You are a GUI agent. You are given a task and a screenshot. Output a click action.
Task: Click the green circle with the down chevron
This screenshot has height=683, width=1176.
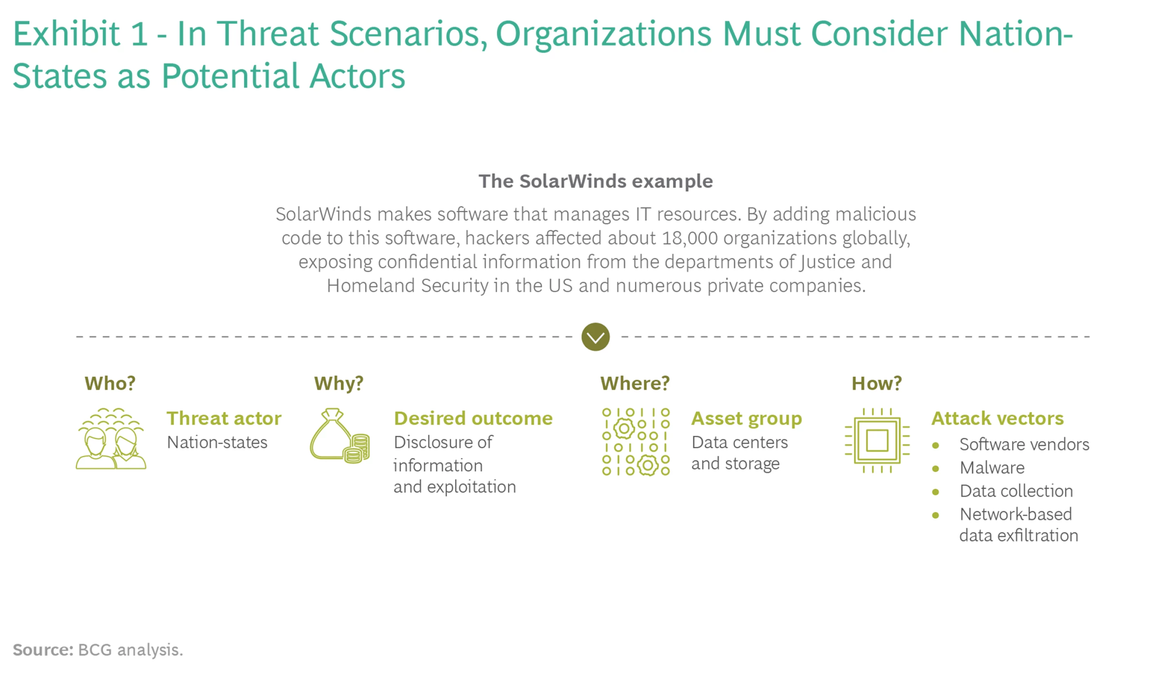tap(595, 337)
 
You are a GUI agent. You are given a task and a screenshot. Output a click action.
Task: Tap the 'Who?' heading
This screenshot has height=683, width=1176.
tap(110, 383)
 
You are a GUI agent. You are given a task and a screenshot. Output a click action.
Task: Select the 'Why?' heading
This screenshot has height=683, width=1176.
tap(339, 383)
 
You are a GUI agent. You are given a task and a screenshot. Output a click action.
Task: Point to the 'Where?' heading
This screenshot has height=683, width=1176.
tap(635, 383)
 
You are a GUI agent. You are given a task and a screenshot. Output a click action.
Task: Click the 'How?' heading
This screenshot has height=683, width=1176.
tap(876, 383)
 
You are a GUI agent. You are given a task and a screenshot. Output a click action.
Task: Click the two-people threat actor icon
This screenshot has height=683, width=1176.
tap(111, 438)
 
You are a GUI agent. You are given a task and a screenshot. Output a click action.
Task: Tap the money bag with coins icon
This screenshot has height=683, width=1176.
tap(340, 435)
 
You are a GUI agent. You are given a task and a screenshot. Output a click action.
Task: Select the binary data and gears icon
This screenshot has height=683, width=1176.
tap(636, 442)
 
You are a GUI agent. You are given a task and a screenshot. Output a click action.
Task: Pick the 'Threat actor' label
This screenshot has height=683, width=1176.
tap(224, 418)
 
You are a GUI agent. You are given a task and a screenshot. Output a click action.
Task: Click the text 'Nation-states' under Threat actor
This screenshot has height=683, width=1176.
tap(218, 442)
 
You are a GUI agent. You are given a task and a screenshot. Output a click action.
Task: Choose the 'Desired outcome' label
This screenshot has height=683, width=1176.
tap(473, 418)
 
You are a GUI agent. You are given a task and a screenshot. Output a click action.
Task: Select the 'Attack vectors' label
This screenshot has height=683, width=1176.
tap(998, 418)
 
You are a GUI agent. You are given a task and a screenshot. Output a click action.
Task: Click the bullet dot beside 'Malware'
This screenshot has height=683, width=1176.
tap(935, 468)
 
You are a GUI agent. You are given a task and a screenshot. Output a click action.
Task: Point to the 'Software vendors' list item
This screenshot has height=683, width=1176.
tap(1025, 444)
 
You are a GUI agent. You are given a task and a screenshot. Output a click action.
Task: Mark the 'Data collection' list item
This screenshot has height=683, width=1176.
tap(1016, 491)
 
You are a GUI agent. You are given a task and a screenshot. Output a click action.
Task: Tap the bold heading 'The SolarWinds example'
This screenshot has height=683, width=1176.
tap(595, 181)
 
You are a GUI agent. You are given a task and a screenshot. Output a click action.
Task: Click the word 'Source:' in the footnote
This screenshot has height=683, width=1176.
tap(43, 650)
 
